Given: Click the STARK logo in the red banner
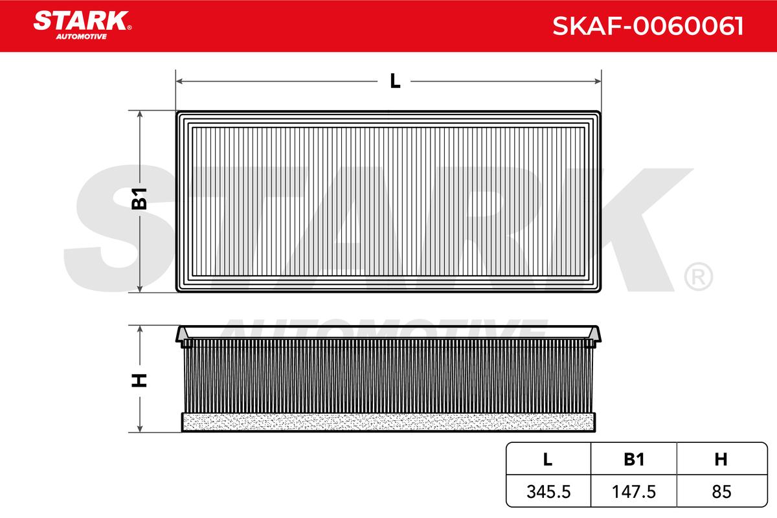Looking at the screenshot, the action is pos(82,25).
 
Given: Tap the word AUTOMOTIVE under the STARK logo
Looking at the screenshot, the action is pos(82,37).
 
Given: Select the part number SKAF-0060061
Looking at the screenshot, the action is pos(647,26).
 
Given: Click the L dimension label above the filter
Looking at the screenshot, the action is pos(395,81).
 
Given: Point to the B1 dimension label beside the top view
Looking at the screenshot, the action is pos(139,199).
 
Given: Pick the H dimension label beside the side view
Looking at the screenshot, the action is pos(139,381).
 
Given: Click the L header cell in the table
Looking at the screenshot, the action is pos(548,459).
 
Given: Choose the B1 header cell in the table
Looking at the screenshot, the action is pos(634,459).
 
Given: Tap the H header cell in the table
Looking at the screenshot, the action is pos(721,459).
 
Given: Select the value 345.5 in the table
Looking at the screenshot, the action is pos(548,492).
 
